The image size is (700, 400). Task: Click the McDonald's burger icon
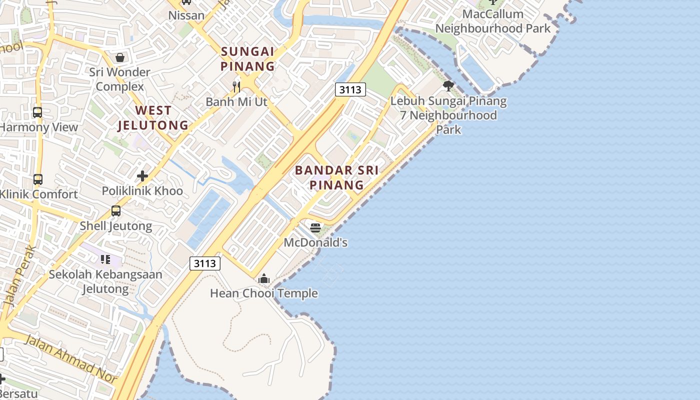click(x=315, y=228)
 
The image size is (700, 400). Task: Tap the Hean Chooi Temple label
click(x=263, y=293)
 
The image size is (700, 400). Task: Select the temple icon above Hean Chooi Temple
click(x=264, y=279)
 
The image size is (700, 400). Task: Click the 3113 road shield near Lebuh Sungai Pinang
click(x=350, y=89)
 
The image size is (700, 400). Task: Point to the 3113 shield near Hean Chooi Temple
click(x=205, y=263)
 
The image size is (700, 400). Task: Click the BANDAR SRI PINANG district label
click(x=336, y=177)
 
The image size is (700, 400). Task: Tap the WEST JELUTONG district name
click(x=153, y=118)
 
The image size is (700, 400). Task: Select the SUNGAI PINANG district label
click(x=248, y=58)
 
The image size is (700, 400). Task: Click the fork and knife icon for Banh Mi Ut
click(x=236, y=87)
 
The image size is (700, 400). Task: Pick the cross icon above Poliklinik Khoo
click(x=142, y=176)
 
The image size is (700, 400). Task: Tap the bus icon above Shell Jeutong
click(x=116, y=211)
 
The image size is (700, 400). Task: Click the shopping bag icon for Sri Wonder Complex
click(x=120, y=57)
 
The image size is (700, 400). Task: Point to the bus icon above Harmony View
click(x=37, y=112)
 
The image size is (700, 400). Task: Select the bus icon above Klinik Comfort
click(x=38, y=179)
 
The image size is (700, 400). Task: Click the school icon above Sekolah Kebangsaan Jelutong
click(x=105, y=259)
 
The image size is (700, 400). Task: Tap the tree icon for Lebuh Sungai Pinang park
click(x=448, y=86)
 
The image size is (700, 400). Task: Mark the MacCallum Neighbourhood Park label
click(x=492, y=21)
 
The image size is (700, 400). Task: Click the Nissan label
click(x=186, y=15)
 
